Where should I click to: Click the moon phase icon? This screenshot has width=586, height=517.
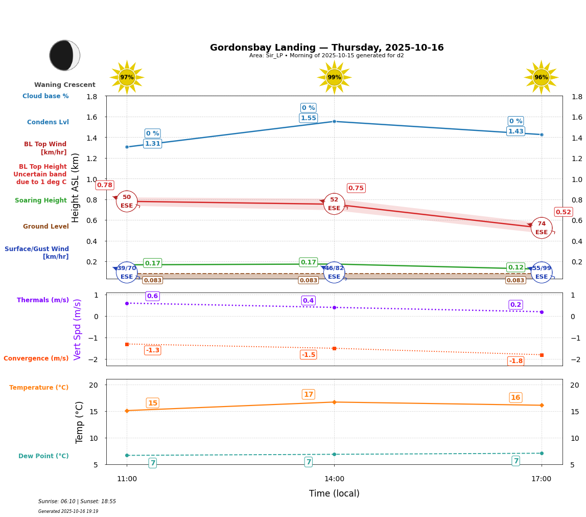click(x=64, y=55)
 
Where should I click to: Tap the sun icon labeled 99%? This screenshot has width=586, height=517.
click(x=334, y=77)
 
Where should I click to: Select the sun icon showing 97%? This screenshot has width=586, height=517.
click(x=127, y=77)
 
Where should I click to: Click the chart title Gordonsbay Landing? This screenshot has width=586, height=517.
click(x=326, y=48)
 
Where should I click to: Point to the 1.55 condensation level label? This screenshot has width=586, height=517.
click(x=308, y=118)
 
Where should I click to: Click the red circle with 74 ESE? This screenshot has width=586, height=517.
click(x=542, y=228)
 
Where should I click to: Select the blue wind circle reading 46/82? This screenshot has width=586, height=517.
click(x=334, y=273)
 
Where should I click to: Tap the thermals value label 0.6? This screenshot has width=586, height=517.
click(x=152, y=296)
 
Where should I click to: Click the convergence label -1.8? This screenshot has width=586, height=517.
click(x=516, y=361)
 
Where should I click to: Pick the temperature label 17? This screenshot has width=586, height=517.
click(x=309, y=394)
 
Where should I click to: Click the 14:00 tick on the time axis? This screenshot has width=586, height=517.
click(x=334, y=479)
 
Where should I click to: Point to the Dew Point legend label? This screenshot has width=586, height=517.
click(x=43, y=456)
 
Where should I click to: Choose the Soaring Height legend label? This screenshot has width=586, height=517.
click(x=41, y=200)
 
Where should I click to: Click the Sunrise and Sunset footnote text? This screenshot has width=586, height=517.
click(x=77, y=502)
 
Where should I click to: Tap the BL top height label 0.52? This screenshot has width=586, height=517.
click(x=564, y=212)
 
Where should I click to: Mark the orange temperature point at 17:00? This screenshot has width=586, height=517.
click(x=542, y=405)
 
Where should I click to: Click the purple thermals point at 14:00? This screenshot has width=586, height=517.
click(x=334, y=307)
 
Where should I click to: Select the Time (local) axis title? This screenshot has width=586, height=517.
click(x=334, y=493)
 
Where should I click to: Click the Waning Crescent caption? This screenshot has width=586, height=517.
click(x=65, y=85)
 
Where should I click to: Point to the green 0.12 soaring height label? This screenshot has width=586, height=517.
click(x=515, y=267)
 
